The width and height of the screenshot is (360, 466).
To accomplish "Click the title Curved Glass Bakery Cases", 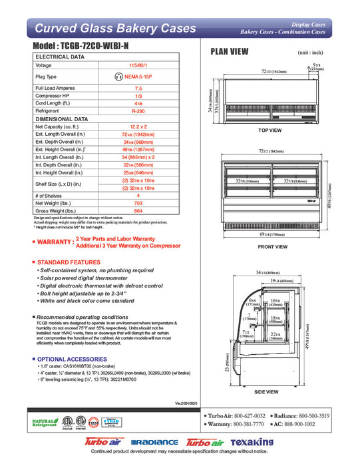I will coord(114,29).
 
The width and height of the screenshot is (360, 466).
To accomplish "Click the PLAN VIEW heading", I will coord(230,51).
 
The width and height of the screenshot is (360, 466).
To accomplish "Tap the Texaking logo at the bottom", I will coord(252,442).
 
